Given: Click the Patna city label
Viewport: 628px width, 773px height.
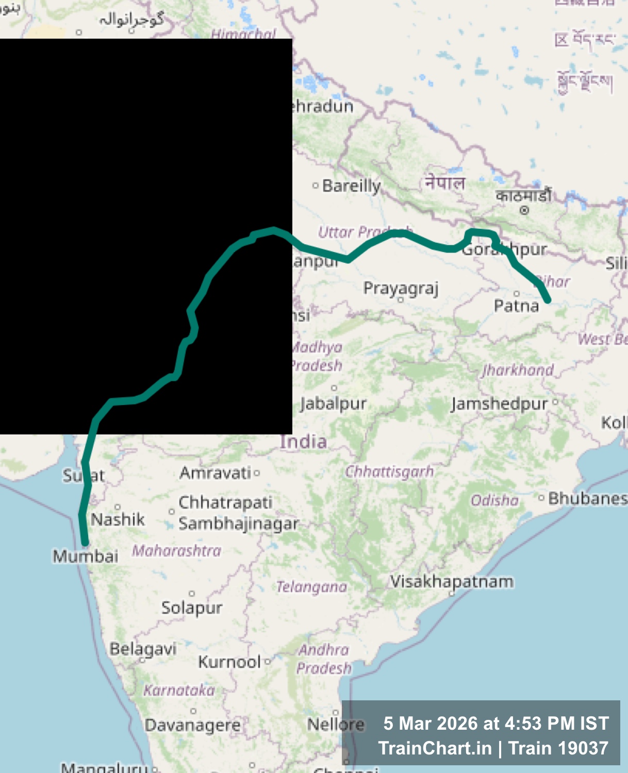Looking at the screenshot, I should tap(516, 306).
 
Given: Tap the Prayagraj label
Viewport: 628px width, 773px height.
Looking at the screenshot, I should tap(401, 288).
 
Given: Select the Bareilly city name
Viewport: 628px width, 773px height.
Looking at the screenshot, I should tap(351, 186).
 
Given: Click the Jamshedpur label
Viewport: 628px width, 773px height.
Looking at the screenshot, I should tap(499, 404).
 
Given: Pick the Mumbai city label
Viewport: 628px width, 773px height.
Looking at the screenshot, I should tap(86, 556).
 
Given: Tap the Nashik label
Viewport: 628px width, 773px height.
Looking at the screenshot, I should tap(118, 519).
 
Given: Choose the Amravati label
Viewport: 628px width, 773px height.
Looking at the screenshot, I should tap(215, 473).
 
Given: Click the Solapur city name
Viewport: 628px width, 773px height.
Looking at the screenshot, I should tap(192, 608).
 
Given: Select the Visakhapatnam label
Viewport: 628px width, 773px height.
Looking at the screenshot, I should tap(452, 581).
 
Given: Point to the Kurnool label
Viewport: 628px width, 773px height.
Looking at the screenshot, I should tap(229, 662).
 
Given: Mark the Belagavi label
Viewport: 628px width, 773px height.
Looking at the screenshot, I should tap(143, 649).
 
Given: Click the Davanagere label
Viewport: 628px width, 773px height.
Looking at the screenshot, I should tap(192, 725).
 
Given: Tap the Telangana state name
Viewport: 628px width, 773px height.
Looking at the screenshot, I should tap(311, 587).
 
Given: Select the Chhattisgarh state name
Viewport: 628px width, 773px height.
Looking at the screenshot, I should tap(389, 472).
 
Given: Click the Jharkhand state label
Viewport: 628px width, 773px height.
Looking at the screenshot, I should tap(518, 369).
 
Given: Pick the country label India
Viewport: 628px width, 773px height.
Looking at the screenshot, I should tap(303, 442).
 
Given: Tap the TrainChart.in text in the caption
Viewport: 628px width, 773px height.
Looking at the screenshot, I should tap(435, 748).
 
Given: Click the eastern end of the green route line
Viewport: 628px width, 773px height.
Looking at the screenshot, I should tap(548, 299).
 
